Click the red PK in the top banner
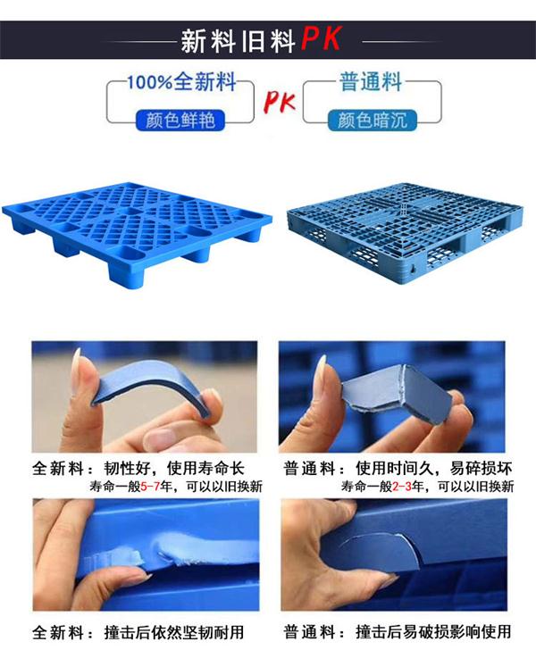(x=321, y=38)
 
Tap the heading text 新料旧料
(x=238, y=41)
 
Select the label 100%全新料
(x=181, y=81)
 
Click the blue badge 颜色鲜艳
(x=180, y=121)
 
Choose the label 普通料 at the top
(x=371, y=81)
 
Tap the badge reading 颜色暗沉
(x=373, y=121)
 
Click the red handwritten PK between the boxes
(x=280, y=102)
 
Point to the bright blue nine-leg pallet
(x=137, y=230)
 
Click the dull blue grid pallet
(x=405, y=232)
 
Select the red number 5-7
(x=150, y=486)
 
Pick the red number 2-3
(x=402, y=486)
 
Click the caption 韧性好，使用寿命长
(x=174, y=469)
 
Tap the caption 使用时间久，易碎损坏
(x=433, y=469)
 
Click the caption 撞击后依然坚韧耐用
(x=174, y=632)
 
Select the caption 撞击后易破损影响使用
(x=433, y=632)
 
